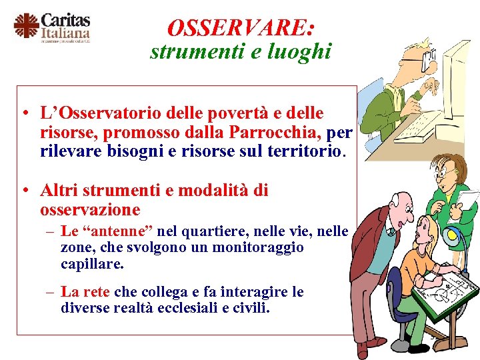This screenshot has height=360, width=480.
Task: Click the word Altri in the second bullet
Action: [61, 191]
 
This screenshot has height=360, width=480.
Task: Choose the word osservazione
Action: [90, 210]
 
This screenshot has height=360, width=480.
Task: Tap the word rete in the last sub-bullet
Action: [99, 292]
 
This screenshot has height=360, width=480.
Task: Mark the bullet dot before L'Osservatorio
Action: [23, 114]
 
